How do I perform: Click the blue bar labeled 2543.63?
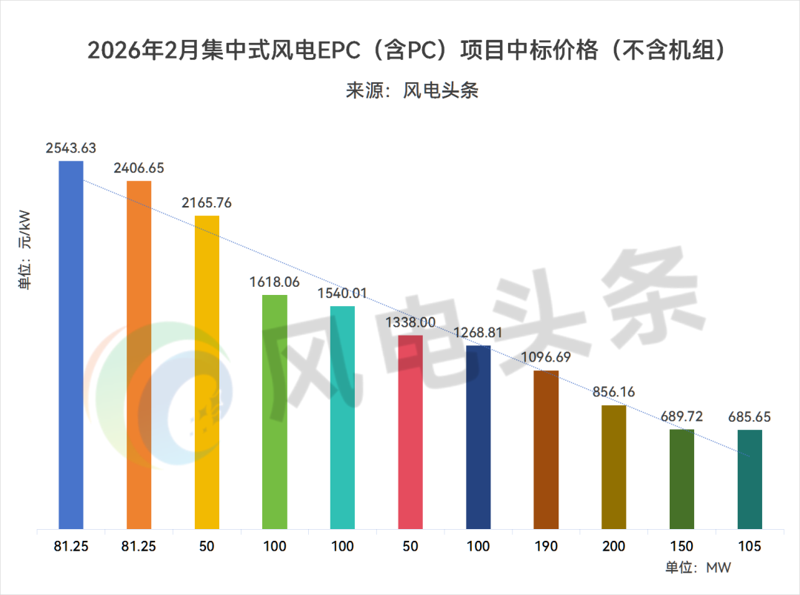[x=71, y=345]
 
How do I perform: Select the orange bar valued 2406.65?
[x=139, y=355]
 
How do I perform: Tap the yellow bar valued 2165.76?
[x=207, y=373]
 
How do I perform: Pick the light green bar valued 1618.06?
[x=275, y=412]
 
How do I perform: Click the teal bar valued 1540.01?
[x=342, y=418]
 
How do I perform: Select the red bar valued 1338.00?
[x=410, y=432]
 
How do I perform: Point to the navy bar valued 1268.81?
[x=479, y=437]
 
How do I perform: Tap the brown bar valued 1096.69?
[x=546, y=450]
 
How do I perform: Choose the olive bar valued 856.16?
[x=614, y=468]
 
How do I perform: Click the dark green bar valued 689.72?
[x=681, y=479]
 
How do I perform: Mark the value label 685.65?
[x=750, y=417]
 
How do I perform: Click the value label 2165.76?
[x=207, y=202]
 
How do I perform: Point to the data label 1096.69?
[x=546, y=357]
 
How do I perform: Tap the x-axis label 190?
[x=546, y=547]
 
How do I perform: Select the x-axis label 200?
[x=614, y=547]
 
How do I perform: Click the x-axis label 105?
[x=750, y=547]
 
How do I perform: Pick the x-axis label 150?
[x=681, y=547]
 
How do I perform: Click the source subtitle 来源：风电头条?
[x=412, y=90]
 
